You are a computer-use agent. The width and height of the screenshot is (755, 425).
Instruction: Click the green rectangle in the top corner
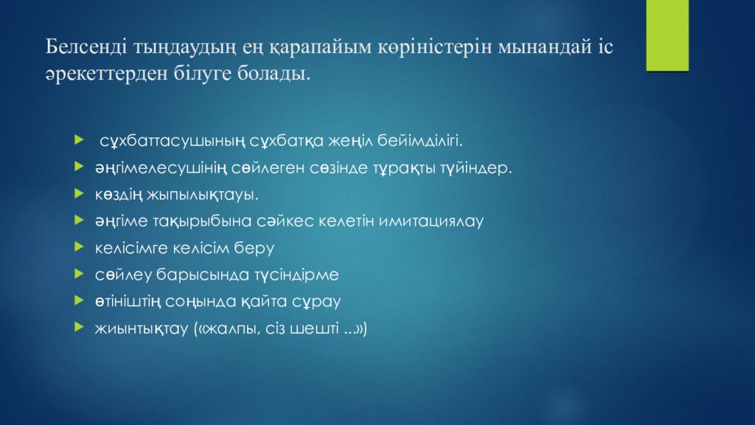(667, 35)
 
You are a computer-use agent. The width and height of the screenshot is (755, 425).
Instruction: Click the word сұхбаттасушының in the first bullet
(173, 141)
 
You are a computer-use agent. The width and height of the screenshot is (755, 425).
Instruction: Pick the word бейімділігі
(420, 141)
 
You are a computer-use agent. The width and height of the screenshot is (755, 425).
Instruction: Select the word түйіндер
(476, 167)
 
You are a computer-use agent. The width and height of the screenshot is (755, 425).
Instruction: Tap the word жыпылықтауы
(202, 195)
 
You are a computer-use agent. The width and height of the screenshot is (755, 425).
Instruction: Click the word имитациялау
(431, 221)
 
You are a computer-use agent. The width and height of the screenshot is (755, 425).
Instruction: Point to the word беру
(254, 248)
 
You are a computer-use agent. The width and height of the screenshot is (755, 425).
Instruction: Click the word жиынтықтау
(142, 328)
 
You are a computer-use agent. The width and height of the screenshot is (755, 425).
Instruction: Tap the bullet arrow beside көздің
(80, 194)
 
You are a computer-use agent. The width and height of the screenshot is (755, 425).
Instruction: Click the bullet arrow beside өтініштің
(80, 301)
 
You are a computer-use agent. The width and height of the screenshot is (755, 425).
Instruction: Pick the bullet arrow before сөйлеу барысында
(80, 274)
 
